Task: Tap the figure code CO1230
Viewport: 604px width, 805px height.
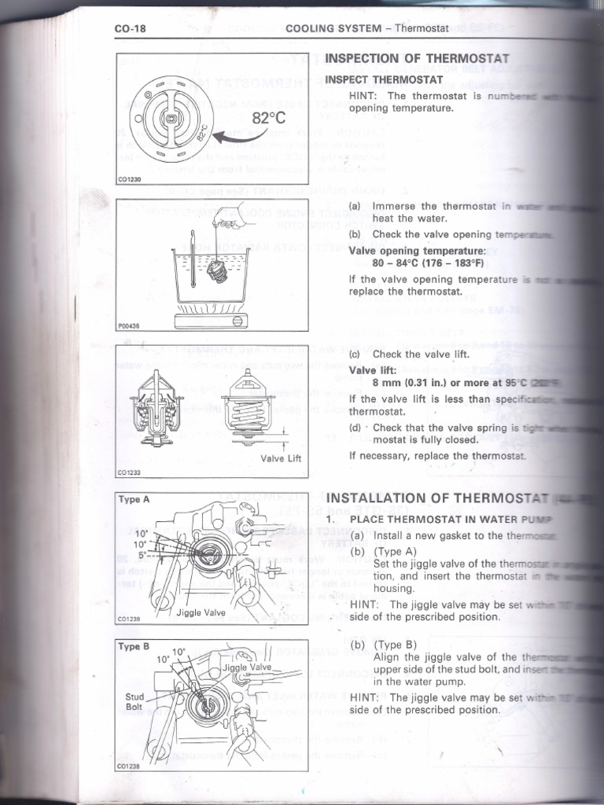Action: (x=127, y=179)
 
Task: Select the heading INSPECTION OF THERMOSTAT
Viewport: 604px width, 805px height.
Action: (x=418, y=59)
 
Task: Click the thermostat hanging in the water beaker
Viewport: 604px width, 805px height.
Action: (x=216, y=271)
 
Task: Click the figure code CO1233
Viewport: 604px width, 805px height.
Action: (x=127, y=472)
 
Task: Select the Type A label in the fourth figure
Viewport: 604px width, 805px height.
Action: (x=134, y=499)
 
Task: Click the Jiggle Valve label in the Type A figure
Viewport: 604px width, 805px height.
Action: (x=201, y=611)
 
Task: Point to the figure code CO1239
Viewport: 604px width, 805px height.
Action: (x=127, y=619)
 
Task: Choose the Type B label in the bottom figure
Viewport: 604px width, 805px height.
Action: (x=134, y=647)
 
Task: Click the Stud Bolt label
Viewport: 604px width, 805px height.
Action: (x=135, y=701)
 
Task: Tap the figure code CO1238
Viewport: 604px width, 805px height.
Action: (x=127, y=765)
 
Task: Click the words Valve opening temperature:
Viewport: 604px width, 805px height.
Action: (x=418, y=251)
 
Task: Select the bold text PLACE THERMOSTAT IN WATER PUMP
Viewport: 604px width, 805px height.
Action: (x=451, y=520)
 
